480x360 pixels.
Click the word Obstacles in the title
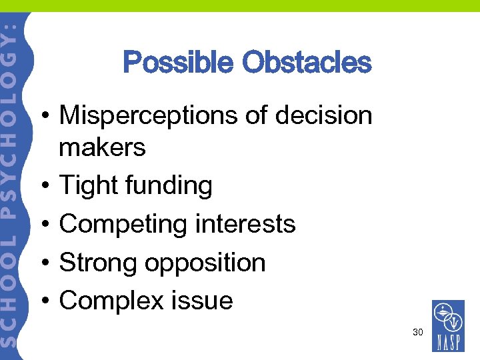click(x=307, y=63)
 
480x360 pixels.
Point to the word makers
click(x=102, y=147)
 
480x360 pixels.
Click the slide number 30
click(x=417, y=332)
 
